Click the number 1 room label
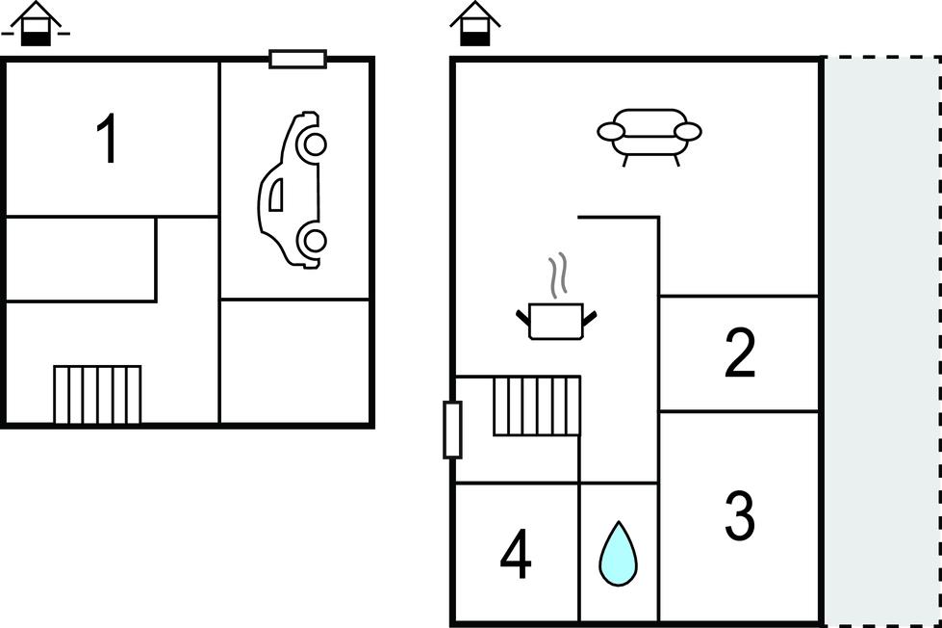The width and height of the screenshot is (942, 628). pos(108,140)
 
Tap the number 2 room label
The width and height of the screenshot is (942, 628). pos(739,353)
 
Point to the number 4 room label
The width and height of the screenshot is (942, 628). pos(516,556)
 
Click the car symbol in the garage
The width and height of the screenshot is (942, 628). pos(292,189)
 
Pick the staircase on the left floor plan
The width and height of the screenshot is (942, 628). pos(97,394)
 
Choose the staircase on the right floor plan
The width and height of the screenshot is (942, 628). pos(537,406)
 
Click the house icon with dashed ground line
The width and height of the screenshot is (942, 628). pos(36,25)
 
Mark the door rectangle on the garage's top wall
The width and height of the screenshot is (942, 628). pos(297,60)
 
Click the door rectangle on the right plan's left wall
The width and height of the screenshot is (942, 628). pos(452,430)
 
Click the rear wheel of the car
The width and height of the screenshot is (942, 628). pos(312,238)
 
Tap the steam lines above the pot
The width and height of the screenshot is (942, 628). pos(556,276)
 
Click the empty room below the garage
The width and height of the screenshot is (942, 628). pos(295,360)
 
